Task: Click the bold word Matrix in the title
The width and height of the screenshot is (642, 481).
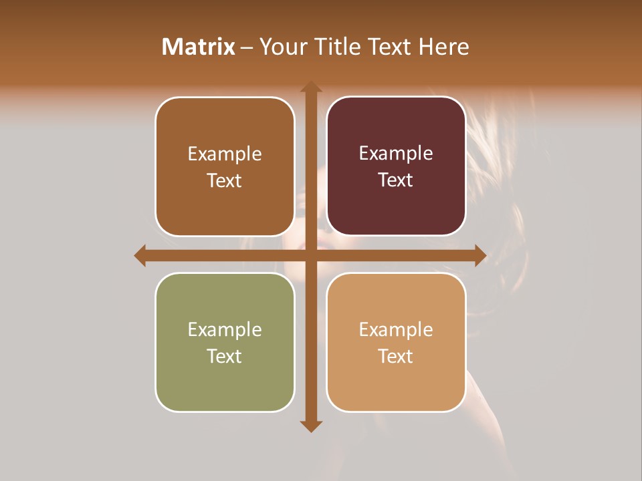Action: coord(199,47)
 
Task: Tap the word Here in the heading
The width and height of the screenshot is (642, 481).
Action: coord(443,47)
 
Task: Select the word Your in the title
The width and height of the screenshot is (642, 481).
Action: coord(282,47)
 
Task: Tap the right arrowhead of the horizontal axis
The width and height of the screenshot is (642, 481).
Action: coord(480,256)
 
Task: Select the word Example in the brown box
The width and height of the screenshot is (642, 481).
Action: coord(225,154)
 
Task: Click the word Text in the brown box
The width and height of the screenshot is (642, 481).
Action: coord(225,180)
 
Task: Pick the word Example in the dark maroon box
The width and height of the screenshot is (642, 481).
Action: coord(396,154)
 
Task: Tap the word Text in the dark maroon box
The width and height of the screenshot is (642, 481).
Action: coord(396,180)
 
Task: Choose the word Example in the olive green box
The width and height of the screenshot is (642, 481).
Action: coord(225,330)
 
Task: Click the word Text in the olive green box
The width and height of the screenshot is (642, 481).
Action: coord(225,356)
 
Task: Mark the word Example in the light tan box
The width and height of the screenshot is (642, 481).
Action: coord(396,330)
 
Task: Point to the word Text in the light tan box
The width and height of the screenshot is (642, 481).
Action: coord(396,356)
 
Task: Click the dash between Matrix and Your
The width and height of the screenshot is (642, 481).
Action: coord(247,47)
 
